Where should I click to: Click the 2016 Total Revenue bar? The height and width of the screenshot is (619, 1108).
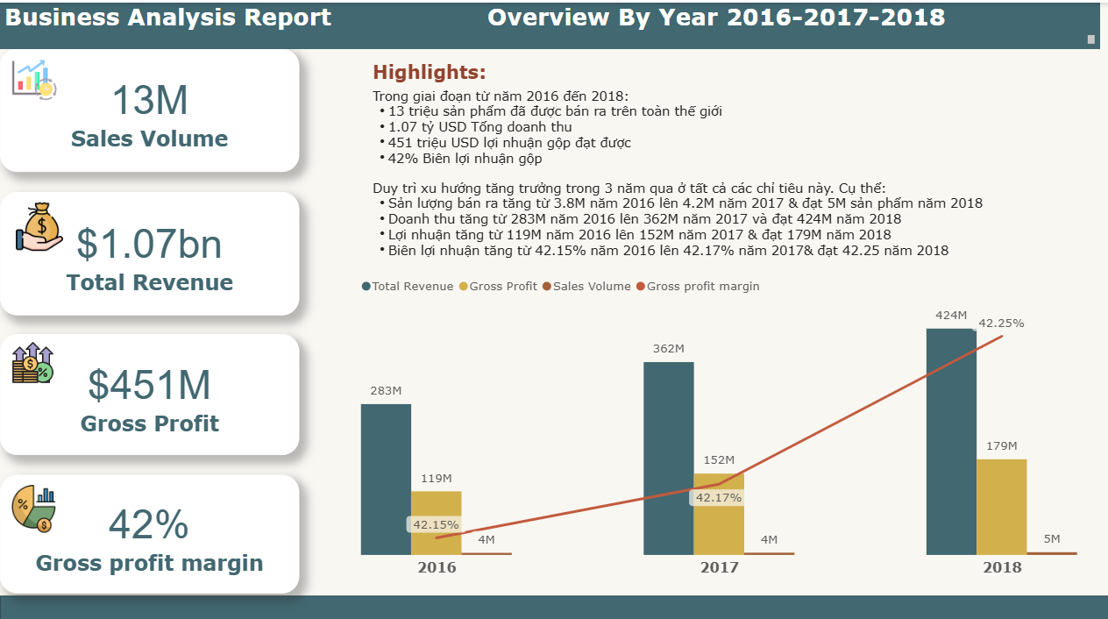tap(386, 479)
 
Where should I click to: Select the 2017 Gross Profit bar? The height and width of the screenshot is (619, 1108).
tap(719, 517)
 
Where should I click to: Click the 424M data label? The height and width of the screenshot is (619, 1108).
tap(951, 316)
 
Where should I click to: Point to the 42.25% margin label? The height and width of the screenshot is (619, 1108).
tap(1001, 323)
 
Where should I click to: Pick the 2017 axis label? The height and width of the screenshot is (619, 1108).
tap(719, 567)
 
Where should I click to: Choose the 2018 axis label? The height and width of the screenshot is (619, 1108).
tap(1002, 567)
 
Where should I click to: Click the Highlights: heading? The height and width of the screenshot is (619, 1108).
tap(430, 73)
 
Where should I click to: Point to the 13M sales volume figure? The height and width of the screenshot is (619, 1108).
tap(150, 100)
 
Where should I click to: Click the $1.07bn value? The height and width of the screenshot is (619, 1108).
tap(150, 244)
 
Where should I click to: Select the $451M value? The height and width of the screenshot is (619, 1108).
tap(150, 385)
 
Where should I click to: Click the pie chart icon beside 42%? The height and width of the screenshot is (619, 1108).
tap(34, 509)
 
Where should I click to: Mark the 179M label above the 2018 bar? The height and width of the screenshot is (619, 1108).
tap(1001, 446)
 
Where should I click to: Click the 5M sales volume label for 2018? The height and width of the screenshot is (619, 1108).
tap(1052, 539)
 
